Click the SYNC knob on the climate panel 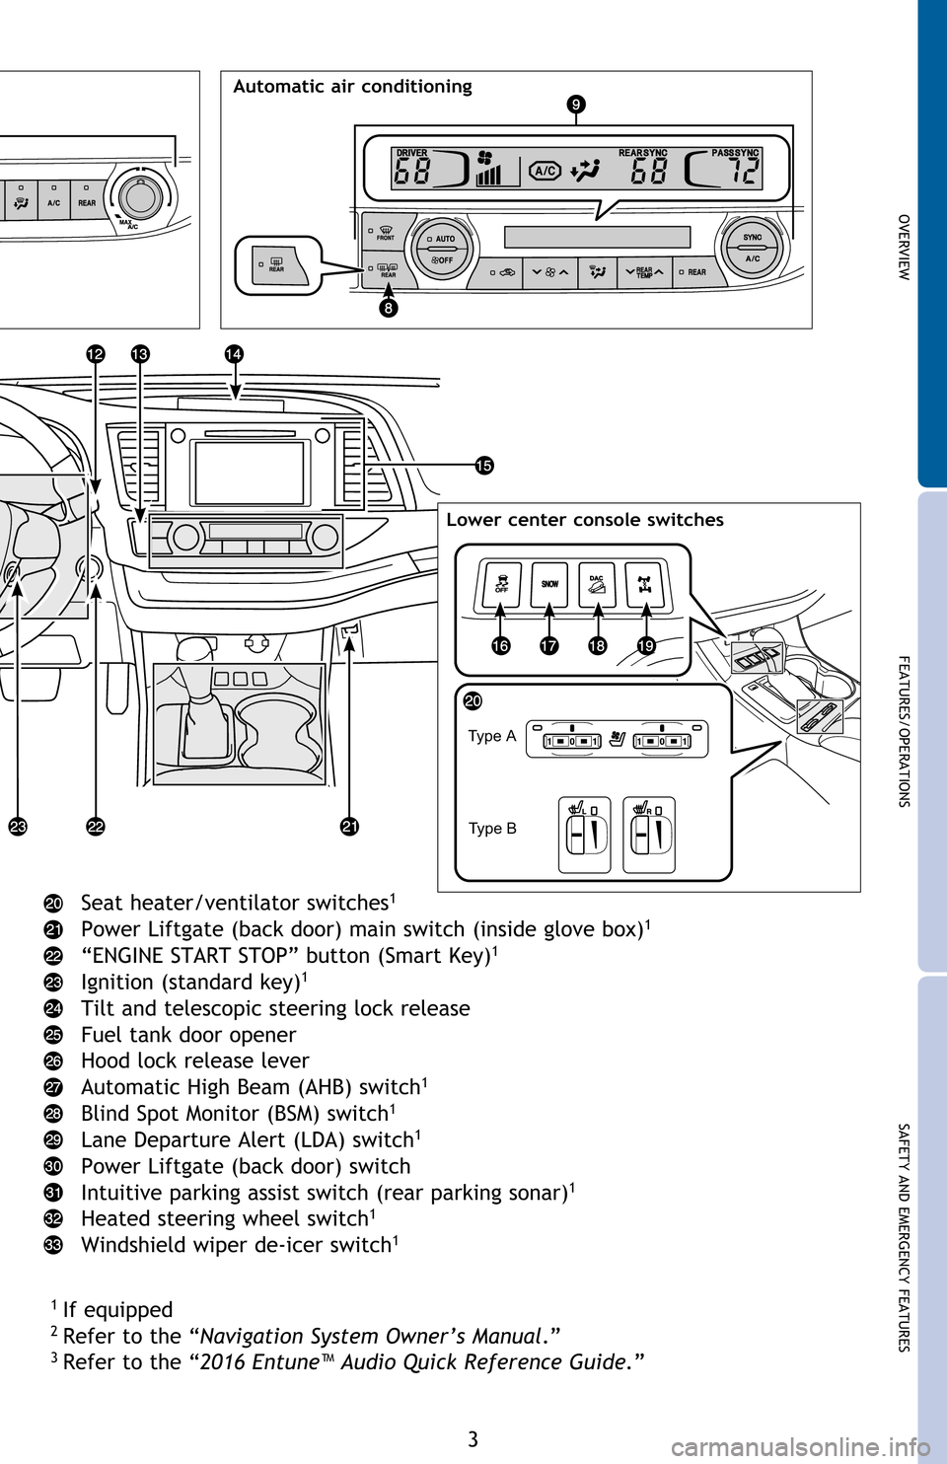[x=752, y=248]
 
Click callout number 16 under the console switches [x=501, y=645]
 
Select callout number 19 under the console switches [x=645, y=645]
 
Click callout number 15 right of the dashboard [x=481, y=466]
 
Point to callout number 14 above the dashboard [x=234, y=354]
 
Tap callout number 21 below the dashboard [x=349, y=827]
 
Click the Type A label [x=491, y=736]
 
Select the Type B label [x=492, y=829]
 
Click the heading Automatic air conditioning [x=352, y=87]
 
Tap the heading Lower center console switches [x=585, y=520]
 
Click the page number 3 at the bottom [x=473, y=1439]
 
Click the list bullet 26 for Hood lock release [x=54, y=1061]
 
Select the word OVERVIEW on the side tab [x=903, y=247]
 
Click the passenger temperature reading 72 [x=745, y=173]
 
